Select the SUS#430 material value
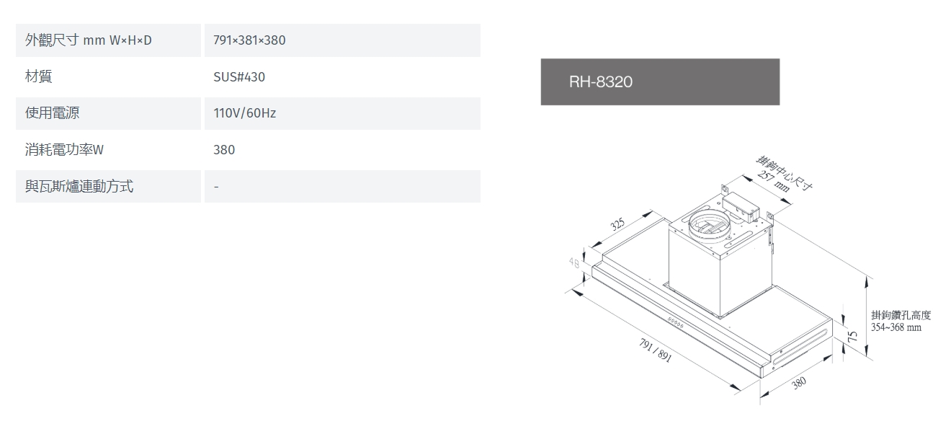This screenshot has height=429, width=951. pyautogui.click(x=239, y=77)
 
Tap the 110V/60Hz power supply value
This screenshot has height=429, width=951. pyautogui.click(x=244, y=113)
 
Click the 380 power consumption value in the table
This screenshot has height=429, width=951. pyautogui.click(x=224, y=149)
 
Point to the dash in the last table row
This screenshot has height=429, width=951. pyautogui.click(x=216, y=187)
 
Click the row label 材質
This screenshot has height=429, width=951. pyautogui.click(x=38, y=76)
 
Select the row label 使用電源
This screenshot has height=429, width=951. pyautogui.click(x=52, y=113)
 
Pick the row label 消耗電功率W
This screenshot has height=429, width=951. pyautogui.click(x=64, y=149)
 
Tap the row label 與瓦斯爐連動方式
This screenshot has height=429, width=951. pyautogui.click(x=79, y=186)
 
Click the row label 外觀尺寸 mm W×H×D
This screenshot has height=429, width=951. pyautogui.click(x=89, y=40)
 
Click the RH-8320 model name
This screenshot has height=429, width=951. pyautogui.click(x=600, y=81)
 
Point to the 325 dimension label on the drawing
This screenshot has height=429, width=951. pyautogui.click(x=617, y=224)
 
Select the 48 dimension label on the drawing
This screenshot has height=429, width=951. pyautogui.click(x=573, y=263)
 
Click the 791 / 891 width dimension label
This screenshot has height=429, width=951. pyautogui.click(x=655, y=350)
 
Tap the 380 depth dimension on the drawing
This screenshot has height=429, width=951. pyautogui.click(x=798, y=383)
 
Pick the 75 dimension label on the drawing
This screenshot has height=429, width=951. pyautogui.click(x=852, y=337)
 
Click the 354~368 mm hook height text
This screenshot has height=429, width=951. pyautogui.click(x=896, y=327)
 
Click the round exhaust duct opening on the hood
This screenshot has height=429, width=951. pyautogui.click(x=709, y=225)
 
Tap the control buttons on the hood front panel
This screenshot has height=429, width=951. pyautogui.click(x=675, y=323)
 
